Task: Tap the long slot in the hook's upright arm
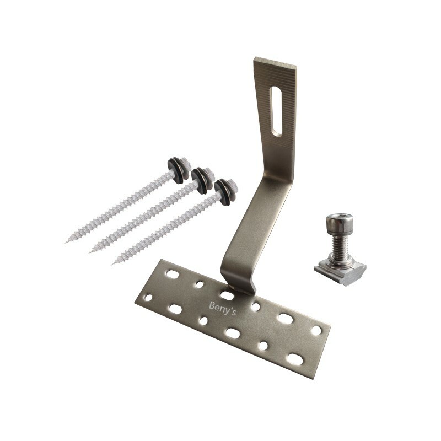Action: [x=277, y=110]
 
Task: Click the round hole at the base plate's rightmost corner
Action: [x=316, y=330]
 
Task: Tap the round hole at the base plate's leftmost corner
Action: [x=148, y=298]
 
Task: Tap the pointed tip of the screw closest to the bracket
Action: [x=113, y=263]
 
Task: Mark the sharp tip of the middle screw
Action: [x=90, y=252]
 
